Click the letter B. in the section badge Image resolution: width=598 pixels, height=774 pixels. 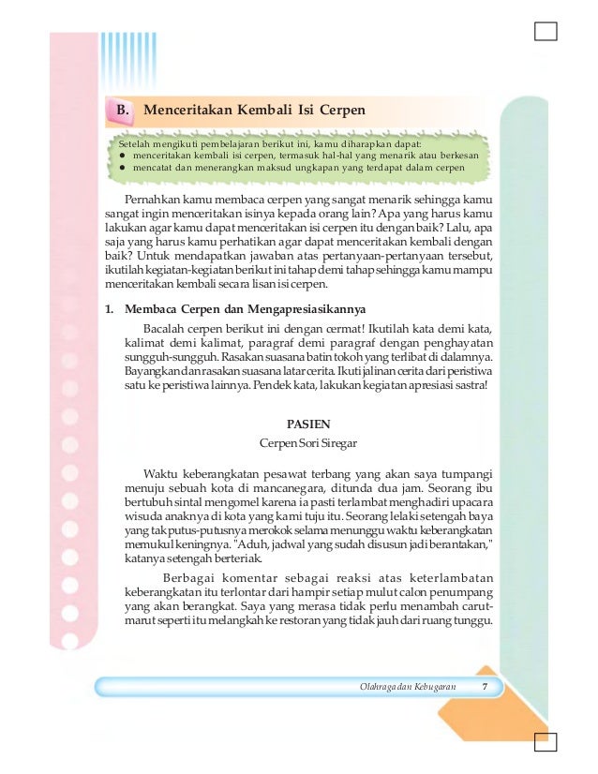122,112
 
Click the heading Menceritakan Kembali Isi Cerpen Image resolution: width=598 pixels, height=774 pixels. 254,112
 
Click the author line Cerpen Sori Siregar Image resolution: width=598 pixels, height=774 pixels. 308,440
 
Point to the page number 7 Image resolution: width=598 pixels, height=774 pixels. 485,689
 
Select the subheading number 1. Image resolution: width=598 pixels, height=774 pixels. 110,310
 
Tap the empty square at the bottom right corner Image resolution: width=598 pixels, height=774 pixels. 545,740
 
